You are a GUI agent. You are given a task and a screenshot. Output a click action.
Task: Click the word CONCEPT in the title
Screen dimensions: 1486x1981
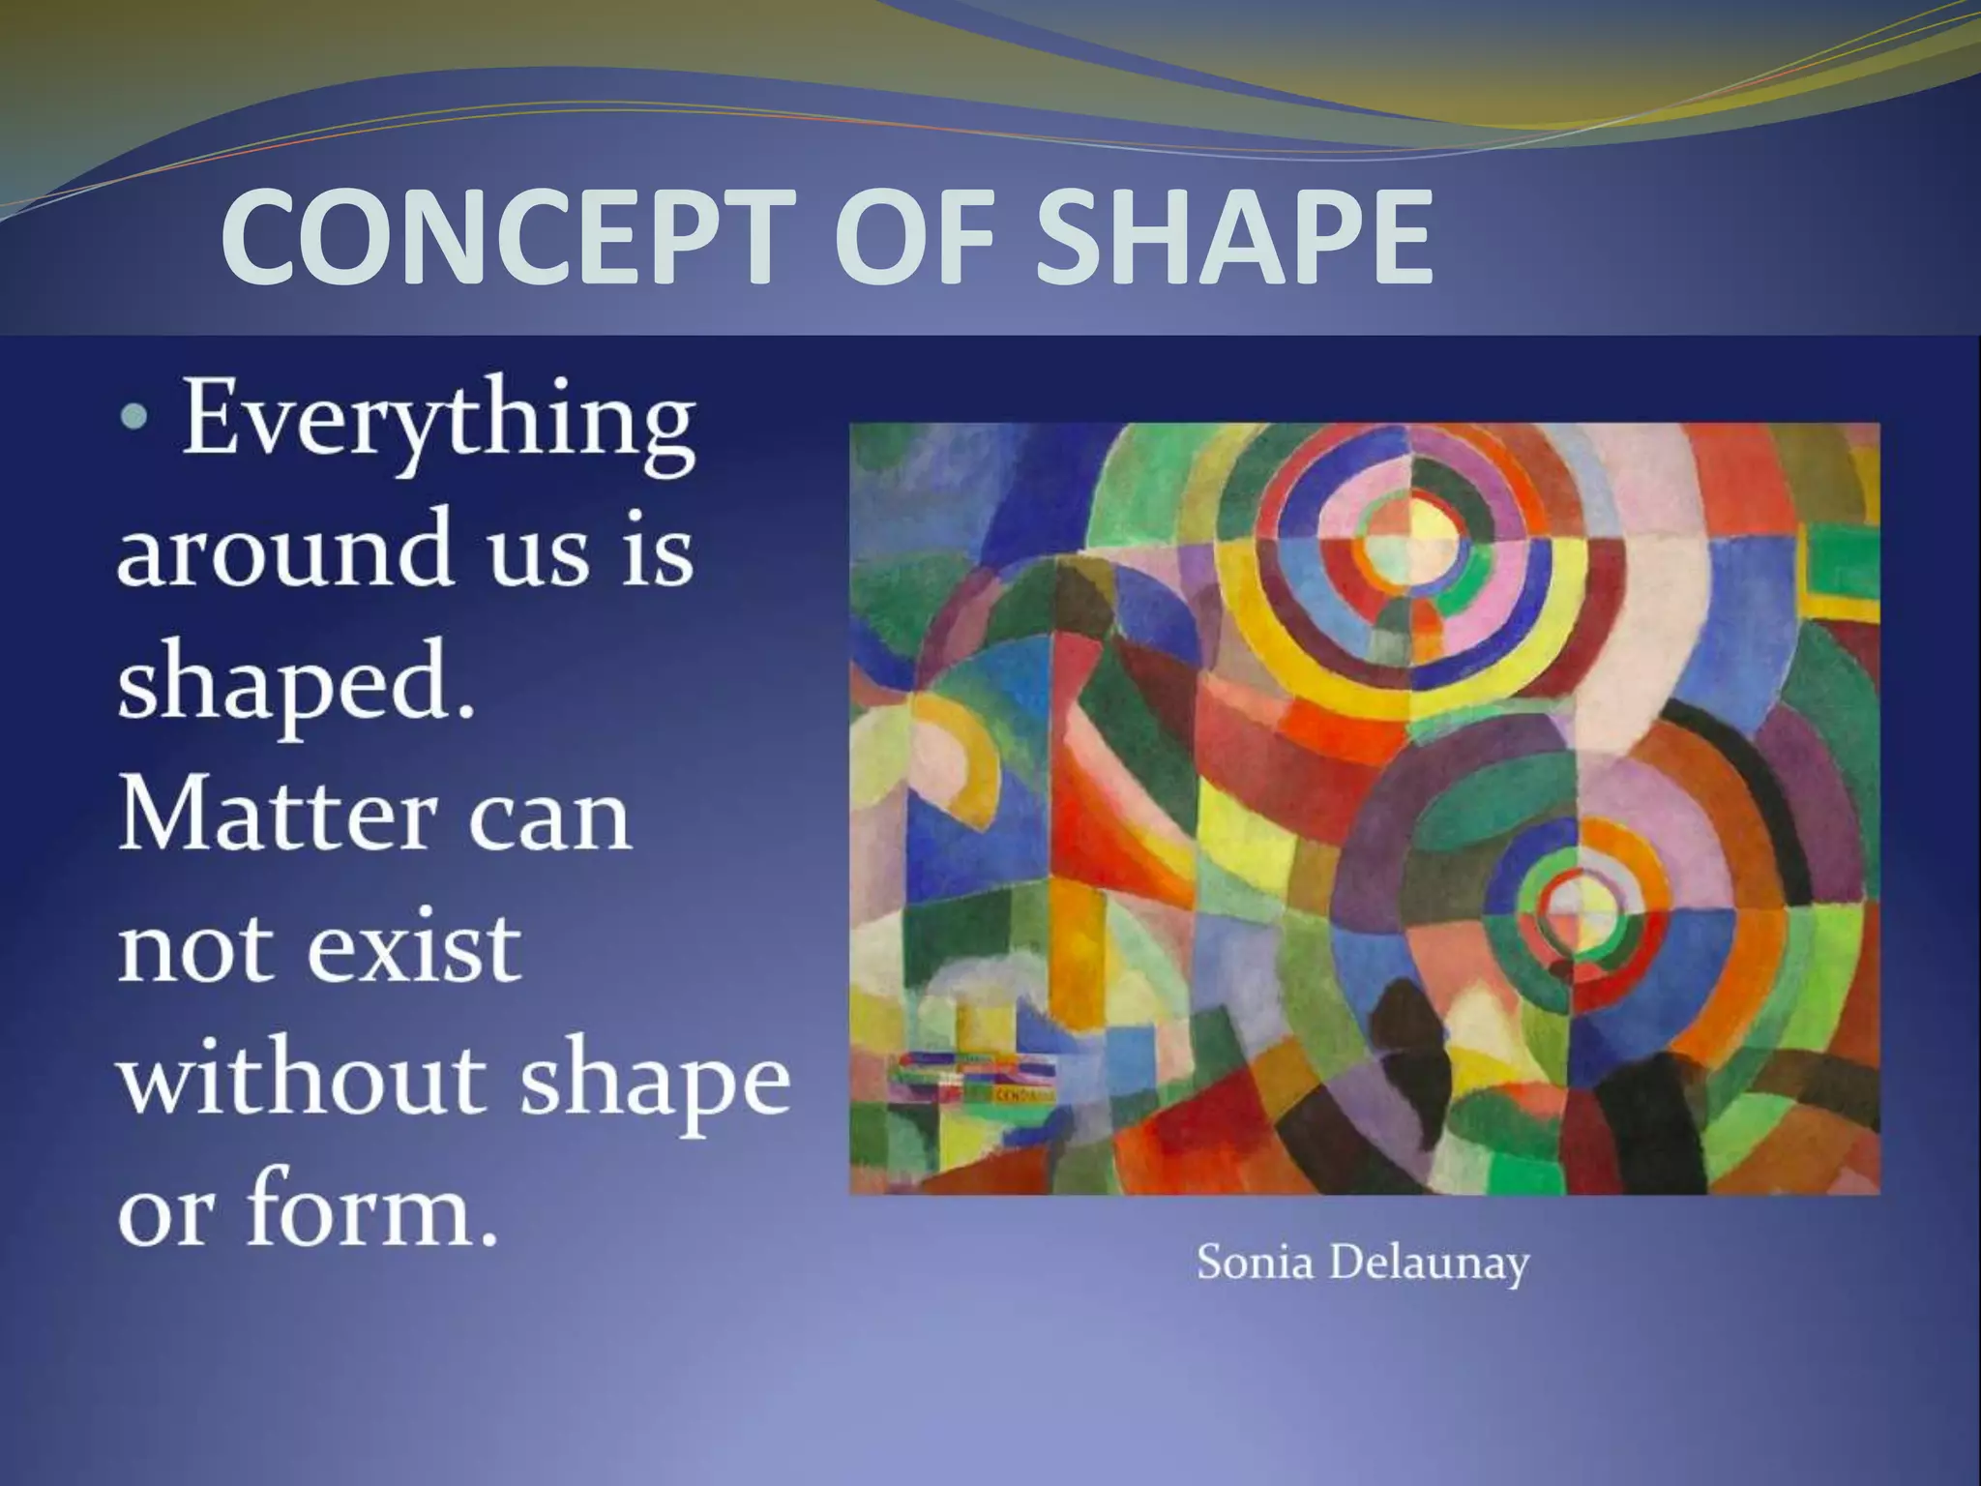[502, 237]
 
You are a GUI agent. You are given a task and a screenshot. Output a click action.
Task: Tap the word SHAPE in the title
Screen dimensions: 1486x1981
[1232, 237]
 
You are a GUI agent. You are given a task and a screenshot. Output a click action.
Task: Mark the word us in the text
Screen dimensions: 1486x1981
[538, 551]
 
